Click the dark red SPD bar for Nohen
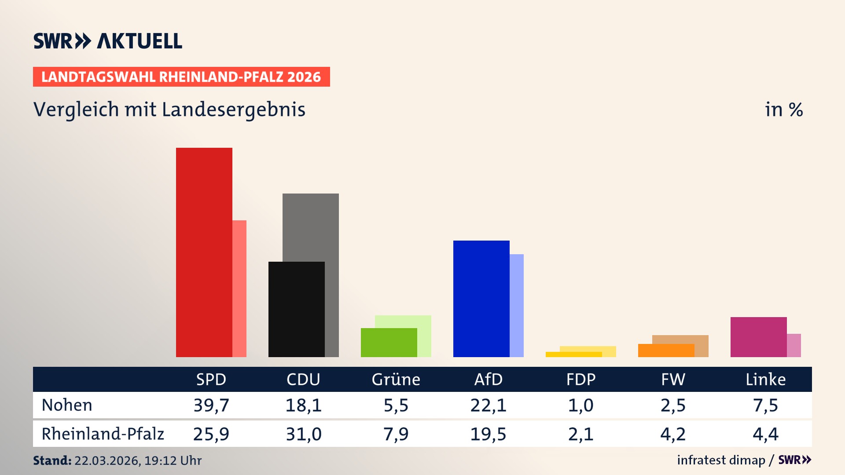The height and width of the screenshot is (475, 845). pos(204,252)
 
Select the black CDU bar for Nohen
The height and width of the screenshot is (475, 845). pos(297,309)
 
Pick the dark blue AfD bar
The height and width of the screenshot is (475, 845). pos(481,299)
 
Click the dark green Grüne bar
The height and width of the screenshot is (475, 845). pos(389,343)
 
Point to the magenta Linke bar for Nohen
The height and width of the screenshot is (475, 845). pos(759,337)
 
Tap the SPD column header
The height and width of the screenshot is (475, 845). pos(211,379)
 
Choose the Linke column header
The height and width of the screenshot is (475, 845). pos(765,379)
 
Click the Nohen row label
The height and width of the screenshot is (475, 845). pos(67,405)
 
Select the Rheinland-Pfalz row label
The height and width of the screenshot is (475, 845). pos(103,434)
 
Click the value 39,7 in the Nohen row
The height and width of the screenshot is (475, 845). pos(211,405)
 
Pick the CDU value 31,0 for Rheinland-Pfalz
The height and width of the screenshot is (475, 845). pos(304,434)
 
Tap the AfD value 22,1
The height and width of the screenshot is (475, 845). pos(488,405)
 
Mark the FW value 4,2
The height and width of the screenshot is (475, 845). pos(673,434)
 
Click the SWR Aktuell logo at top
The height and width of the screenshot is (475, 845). pos(108,41)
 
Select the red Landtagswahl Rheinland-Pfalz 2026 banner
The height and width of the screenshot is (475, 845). pos(181,77)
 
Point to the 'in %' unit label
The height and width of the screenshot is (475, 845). pos(784,110)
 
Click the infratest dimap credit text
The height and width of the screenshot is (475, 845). pos(721,460)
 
